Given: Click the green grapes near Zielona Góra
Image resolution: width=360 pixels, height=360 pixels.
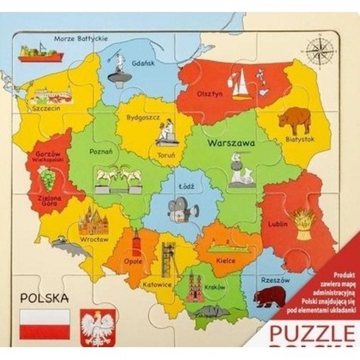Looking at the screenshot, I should (x=48, y=175).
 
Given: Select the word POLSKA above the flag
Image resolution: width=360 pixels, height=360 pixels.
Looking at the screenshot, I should (x=45, y=297).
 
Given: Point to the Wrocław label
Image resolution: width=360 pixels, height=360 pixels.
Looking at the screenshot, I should (x=94, y=238).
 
